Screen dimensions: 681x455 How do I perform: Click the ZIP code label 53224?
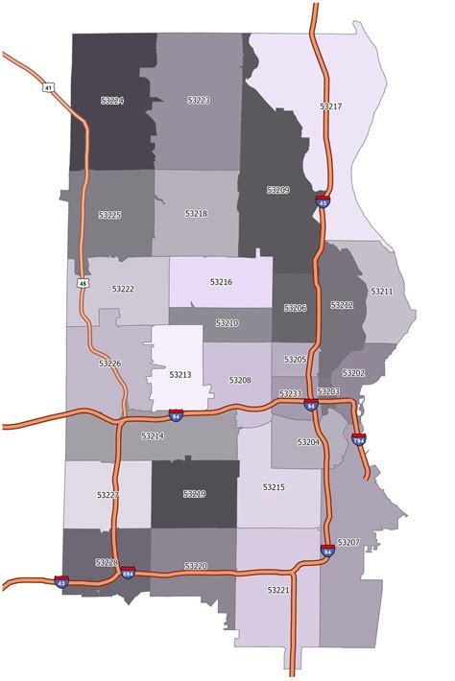[x=111, y=100]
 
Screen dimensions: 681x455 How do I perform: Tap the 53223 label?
[x=198, y=100]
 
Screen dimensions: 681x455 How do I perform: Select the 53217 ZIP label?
[x=330, y=106]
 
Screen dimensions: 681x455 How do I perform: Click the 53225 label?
[x=109, y=215]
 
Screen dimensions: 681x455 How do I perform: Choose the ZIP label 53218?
[x=196, y=213]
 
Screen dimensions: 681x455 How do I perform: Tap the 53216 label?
[x=221, y=282]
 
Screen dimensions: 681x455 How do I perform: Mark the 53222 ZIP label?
[x=123, y=289]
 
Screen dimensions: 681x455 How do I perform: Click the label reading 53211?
[x=382, y=291]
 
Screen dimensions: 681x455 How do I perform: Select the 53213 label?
[x=180, y=375]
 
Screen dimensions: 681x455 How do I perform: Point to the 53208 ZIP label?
[x=240, y=380]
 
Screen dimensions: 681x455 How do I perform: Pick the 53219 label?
[x=195, y=494]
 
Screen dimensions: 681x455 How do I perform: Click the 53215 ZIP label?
[x=274, y=487]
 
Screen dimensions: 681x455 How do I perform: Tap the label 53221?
[x=278, y=589]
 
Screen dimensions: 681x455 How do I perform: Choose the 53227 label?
[x=108, y=495]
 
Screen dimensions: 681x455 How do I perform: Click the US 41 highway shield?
[x=48, y=87]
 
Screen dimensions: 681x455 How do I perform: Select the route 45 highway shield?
[x=84, y=284]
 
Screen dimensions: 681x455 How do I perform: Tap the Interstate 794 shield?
[x=359, y=439]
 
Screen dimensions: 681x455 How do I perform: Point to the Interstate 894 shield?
[x=128, y=574]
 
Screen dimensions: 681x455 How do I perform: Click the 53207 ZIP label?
[x=348, y=543]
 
